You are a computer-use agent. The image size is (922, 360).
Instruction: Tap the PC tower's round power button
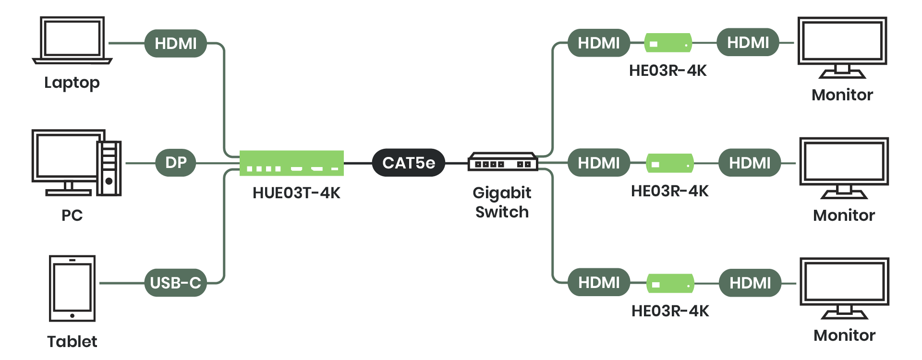[x=109, y=181]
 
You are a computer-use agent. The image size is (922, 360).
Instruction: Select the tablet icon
[x=72, y=288]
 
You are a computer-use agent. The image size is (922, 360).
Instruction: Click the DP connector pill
[x=176, y=163]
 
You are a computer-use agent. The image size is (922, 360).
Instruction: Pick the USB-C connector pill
[x=175, y=283]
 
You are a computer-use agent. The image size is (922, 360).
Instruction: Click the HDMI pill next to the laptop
[x=175, y=43]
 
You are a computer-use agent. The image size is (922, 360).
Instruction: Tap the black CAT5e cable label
[x=408, y=163]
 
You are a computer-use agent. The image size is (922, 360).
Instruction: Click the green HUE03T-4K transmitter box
[x=291, y=163]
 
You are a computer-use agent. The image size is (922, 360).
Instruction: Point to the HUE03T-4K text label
[x=296, y=193]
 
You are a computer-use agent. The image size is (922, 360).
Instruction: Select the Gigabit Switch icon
[x=502, y=162]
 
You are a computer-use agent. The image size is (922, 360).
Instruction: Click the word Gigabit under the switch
[x=502, y=193]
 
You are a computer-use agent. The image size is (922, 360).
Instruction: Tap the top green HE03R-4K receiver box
[x=667, y=43]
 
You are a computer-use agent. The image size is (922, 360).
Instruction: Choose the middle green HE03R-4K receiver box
[x=669, y=163]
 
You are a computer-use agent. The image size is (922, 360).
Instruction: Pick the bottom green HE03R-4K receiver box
[x=670, y=283]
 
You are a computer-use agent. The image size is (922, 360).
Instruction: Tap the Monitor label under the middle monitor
[x=844, y=216]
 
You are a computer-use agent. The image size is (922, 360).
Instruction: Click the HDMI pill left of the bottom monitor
[x=750, y=283]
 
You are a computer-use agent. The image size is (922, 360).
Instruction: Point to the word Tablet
[x=72, y=342]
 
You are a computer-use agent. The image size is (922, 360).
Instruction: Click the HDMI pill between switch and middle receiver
[x=598, y=163]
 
